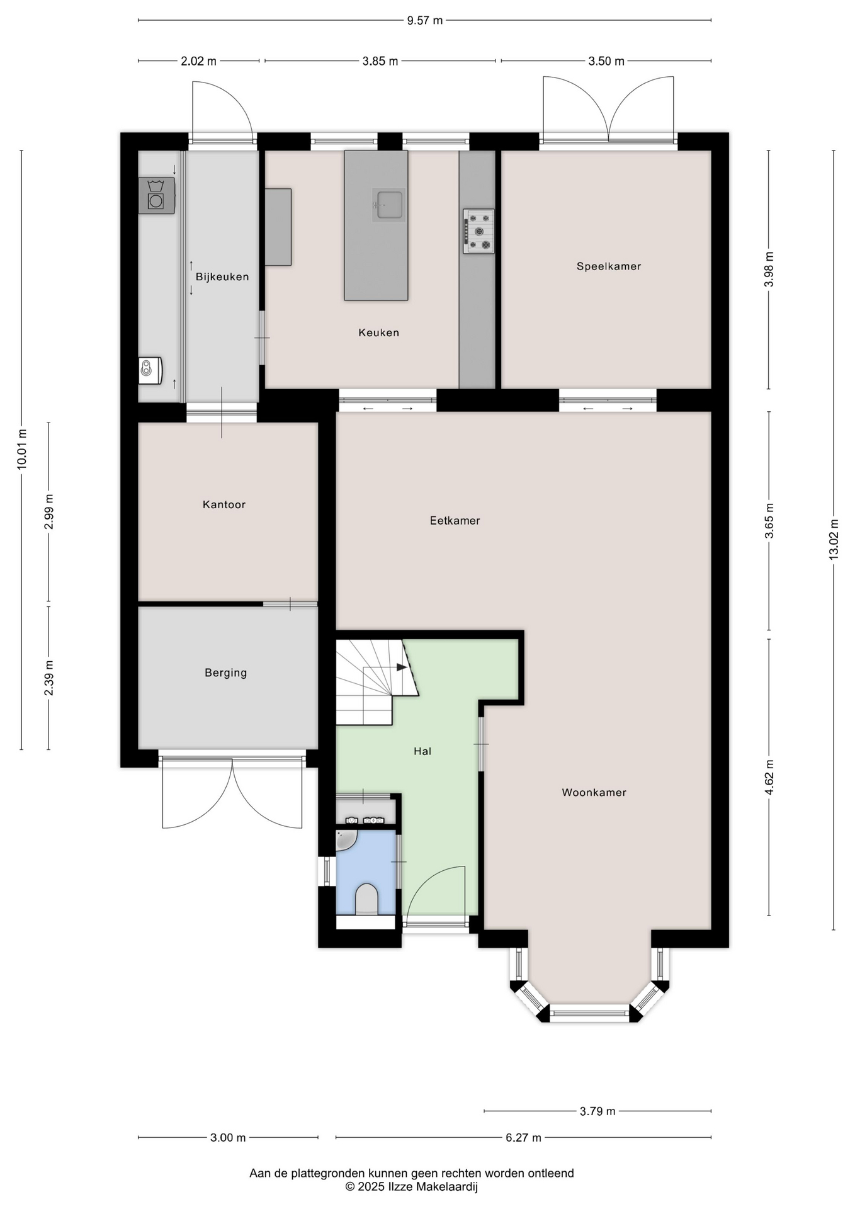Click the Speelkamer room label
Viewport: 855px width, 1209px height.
(609, 266)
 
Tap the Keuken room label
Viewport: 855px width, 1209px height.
(379, 332)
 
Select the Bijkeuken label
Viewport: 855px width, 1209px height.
(222, 277)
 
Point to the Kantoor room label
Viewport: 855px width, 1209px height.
(224, 504)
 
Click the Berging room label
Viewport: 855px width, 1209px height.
(226, 673)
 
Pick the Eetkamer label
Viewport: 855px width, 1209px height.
(455, 521)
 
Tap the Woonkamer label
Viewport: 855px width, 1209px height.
(594, 793)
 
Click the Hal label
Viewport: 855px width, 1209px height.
(422, 751)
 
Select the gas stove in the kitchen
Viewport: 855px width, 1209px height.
(478, 231)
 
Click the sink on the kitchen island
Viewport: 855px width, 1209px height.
(388, 205)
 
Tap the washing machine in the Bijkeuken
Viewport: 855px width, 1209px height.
(156, 196)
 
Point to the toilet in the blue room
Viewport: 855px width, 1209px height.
(366, 899)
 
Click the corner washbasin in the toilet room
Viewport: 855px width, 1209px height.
(345, 839)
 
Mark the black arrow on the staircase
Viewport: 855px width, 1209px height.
(402, 667)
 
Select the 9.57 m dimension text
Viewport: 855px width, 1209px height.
(425, 21)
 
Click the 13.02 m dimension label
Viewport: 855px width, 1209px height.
(834, 540)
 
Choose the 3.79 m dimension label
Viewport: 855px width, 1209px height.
(597, 1111)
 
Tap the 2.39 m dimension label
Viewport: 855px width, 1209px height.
(49, 678)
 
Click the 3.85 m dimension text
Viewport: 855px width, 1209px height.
(380, 61)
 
